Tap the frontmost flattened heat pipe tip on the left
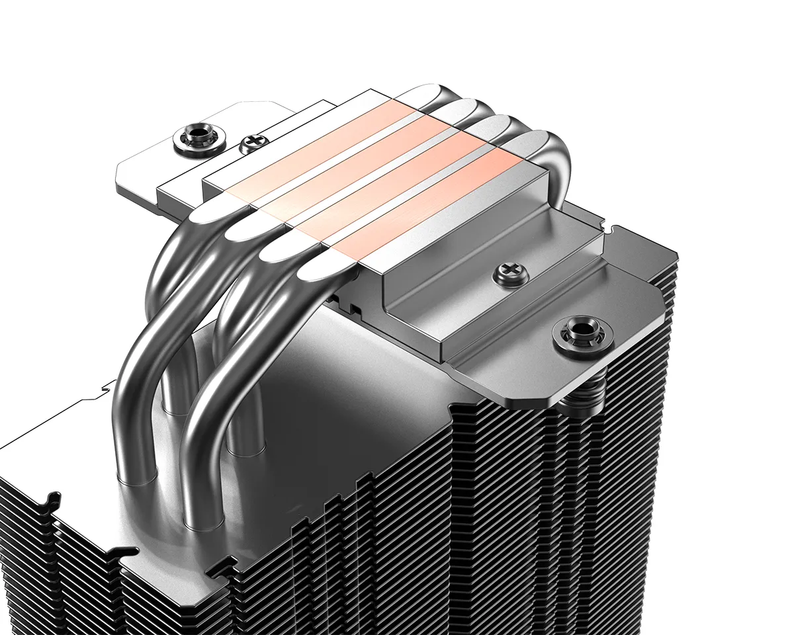click(x=324, y=268)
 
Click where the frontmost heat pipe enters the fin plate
click(x=202, y=523)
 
